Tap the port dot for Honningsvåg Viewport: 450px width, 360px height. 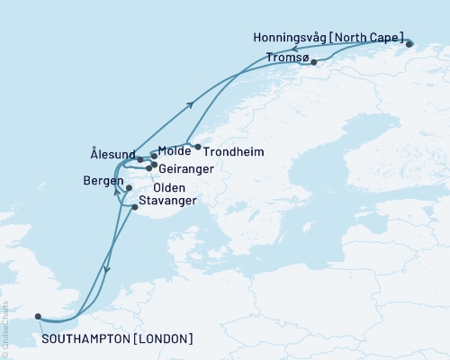409,43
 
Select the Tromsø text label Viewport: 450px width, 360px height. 287,58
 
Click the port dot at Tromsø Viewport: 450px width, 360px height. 313,62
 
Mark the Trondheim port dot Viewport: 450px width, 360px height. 198,146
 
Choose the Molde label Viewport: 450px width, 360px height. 174,151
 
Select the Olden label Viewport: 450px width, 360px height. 171,189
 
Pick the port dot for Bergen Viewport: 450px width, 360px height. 129,188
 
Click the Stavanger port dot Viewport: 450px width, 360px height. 135,207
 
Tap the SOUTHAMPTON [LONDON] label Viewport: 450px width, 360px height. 118,338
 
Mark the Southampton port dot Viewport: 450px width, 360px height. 38,316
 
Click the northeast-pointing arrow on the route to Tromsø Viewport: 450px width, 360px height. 190,104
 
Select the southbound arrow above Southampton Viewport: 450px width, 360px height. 106,268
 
